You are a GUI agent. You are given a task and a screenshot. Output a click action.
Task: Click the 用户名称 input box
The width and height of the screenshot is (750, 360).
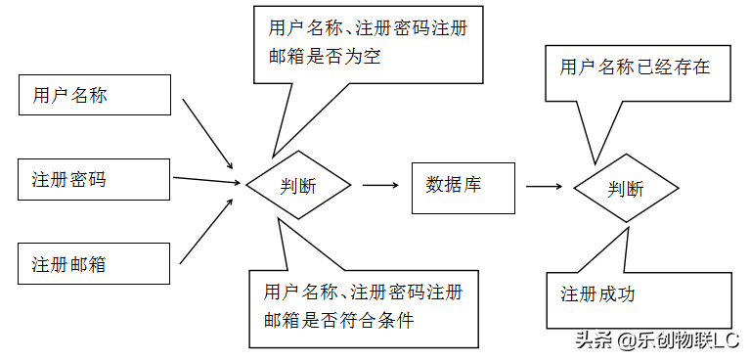click(95, 96)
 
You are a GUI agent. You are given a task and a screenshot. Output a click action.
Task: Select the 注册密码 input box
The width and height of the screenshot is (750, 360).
click(95, 179)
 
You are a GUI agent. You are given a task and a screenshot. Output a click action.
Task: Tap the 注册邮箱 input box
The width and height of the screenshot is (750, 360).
click(95, 264)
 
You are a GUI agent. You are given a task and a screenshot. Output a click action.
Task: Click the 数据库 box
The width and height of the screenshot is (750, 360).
click(463, 185)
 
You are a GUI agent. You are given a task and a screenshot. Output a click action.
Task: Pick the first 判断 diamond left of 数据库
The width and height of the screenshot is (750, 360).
click(298, 185)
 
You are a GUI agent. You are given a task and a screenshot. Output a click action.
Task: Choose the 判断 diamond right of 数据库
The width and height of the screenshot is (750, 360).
click(626, 188)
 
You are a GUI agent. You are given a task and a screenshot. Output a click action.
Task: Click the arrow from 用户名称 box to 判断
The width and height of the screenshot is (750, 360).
click(208, 133)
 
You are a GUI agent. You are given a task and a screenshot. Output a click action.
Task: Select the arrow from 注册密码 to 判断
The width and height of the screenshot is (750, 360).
click(207, 180)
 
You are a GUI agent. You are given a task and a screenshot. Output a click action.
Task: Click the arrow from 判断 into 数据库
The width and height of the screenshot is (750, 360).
click(380, 184)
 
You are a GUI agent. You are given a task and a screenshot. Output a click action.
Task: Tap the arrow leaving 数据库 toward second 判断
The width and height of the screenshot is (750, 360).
click(544, 186)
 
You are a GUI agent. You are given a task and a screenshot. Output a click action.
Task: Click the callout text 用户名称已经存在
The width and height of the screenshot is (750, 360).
click(635, 67)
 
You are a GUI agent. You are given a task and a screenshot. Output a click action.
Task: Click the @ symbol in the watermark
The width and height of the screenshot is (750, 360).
click(626, 340)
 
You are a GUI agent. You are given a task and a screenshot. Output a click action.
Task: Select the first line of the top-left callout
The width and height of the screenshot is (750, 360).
click(361, 28)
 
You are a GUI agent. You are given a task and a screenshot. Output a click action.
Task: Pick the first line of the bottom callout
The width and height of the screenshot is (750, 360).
click(363, 291)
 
